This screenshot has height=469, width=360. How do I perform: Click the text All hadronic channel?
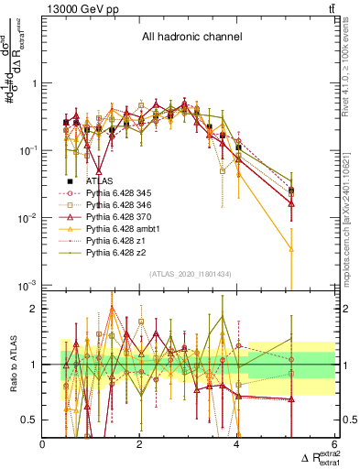(x=191, y=38)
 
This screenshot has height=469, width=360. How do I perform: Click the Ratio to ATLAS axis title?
(x=15, y=364)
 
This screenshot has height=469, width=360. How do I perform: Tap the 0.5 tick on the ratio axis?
(x=30, y=420)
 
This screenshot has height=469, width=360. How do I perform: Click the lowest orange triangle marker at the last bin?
(x=290, y=248)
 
